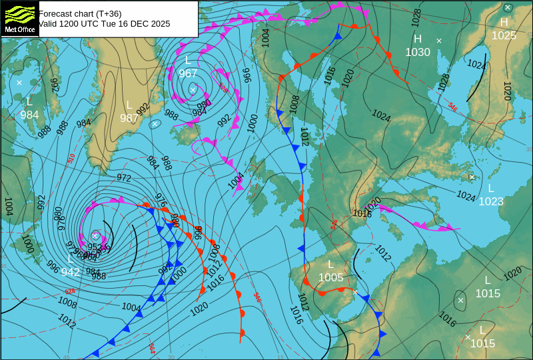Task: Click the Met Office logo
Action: coord(19,18)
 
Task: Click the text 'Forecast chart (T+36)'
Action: coord(80,13)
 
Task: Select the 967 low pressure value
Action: coord(188,73)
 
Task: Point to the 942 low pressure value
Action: coord(71,272)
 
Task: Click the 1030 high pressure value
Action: coord(418,52)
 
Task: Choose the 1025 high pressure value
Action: coord(504,35)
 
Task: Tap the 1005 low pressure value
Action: coord(330,277)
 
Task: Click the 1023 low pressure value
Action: coord(491,201)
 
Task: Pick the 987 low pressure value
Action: coord(129,118)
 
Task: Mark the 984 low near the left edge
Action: coord(29,114)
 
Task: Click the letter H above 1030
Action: coord(418,39)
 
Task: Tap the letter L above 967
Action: coord(188,61)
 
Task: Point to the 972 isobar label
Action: coord(124,178)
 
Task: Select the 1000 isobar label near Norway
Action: coord(252,122)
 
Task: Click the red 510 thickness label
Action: coord(71,159)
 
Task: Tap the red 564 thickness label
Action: coord(152,348)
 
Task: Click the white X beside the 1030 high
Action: coord(439,41)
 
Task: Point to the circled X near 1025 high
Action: coord(508,8)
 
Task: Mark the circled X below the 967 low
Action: coord(193,89)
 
